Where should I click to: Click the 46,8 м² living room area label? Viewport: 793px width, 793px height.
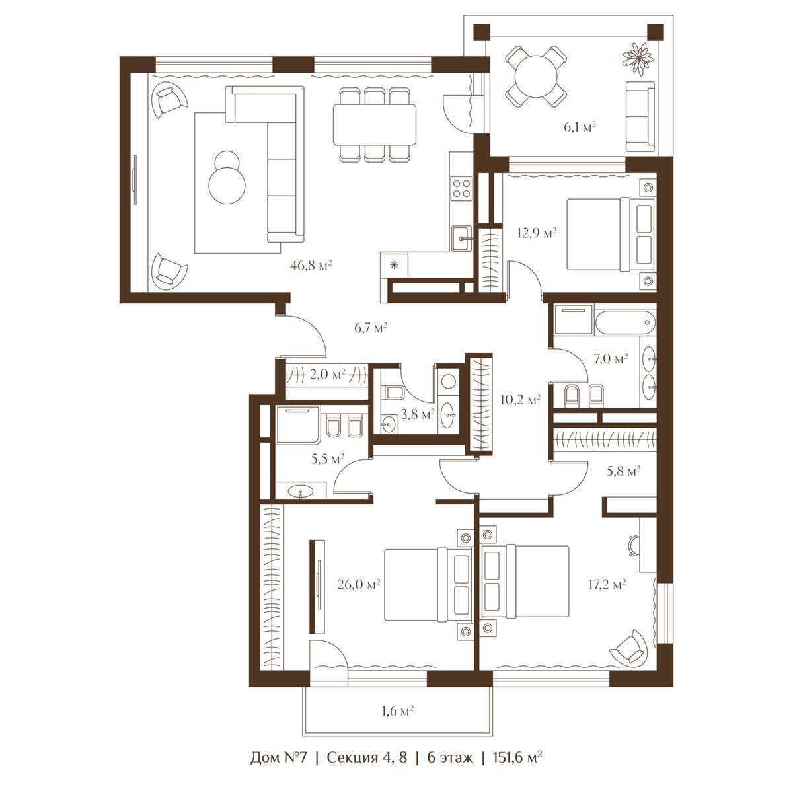(311, 266)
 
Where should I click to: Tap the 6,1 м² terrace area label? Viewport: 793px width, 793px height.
(580, 127)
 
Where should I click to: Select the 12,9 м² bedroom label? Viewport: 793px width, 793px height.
(537, 233)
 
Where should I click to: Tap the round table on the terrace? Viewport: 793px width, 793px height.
(536, 77)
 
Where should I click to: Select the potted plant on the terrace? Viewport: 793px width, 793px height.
(637, 59)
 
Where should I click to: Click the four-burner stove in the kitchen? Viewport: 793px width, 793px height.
(461, 188)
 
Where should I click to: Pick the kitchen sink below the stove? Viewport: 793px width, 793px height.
(461, 239)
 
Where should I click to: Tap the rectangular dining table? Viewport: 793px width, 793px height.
(374, 125)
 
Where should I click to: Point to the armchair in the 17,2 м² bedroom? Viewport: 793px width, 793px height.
(628, 650)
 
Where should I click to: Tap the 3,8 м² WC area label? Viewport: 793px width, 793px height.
(417, 414)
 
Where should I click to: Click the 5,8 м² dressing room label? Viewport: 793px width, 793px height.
(623, 471)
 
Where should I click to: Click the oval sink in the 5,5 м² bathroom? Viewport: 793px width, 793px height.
(301, 492)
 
